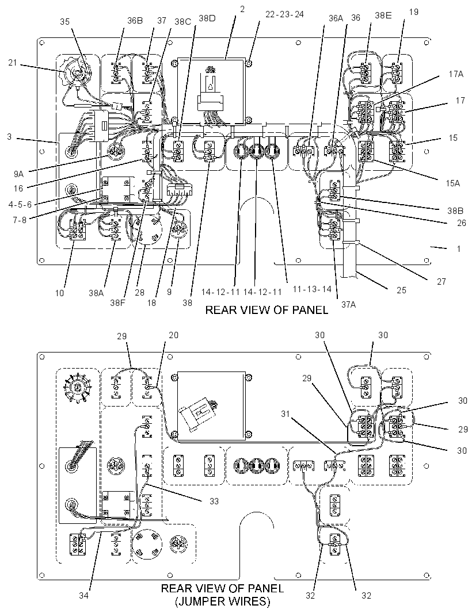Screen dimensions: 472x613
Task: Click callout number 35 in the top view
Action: click(65, 21)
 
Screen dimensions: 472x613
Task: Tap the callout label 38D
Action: click(207, 18)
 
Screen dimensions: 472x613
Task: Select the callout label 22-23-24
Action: click(284, 14)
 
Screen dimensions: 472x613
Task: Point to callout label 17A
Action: click(455, 74)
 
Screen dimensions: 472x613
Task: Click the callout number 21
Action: click(13, 62)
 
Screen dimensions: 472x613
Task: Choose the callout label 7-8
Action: click(19, 220)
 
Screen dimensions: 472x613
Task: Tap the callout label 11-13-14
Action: click(312, 289)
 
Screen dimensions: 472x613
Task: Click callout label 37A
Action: click(348, 305)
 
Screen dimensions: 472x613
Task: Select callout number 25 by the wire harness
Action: click(402, 290)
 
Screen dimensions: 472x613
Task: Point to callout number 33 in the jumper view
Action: click(214, 501)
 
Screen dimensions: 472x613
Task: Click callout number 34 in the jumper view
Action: click(84, 595)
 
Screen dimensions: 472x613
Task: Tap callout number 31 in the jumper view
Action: click(285, 413)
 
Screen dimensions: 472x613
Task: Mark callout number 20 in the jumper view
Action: click(173, 335)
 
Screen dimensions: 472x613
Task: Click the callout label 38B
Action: click(455, 211)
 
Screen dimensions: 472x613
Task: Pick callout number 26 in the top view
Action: click(462, 223)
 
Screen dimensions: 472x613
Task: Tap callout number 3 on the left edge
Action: click(9, 137)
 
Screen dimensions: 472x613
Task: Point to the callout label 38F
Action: click(117, 302)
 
